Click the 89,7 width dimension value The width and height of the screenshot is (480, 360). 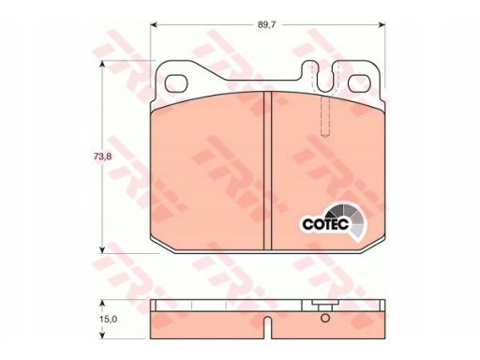[266, 25]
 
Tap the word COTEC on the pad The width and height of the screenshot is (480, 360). [325, 224]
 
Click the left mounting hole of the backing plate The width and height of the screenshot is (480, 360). [176, 83]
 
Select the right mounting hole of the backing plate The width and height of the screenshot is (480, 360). [359, 83]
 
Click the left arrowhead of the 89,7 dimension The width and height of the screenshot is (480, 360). [154, 25]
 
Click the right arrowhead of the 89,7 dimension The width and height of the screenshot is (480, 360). [382, 25]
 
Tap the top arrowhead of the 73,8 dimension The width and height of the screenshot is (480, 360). [102, 64]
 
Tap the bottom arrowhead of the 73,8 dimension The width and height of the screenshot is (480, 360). [102, 249]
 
